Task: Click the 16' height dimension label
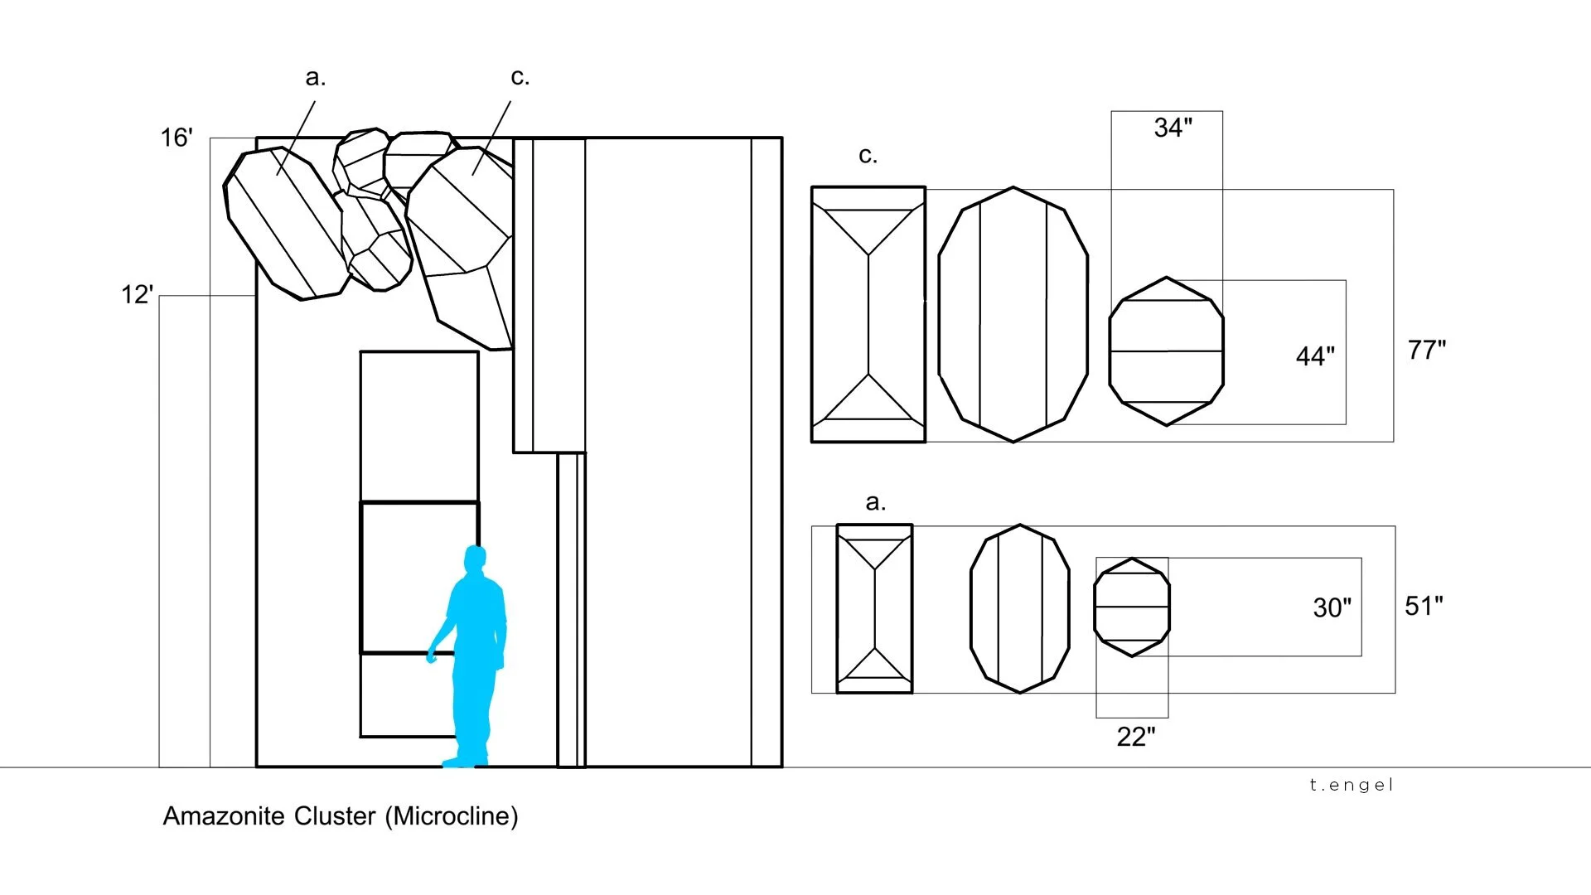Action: pos(177,138)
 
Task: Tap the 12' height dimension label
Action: pos(138,294)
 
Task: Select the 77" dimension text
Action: pos(1427,350)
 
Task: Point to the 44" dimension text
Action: pos(1315,356)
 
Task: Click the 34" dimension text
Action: pos(1173,128)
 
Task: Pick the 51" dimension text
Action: pos(1424,606)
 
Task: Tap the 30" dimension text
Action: pos(1332,607)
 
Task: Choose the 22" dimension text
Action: pos(1136,736)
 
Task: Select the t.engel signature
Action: pos(1352,785)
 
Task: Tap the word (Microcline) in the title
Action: pos(452,816)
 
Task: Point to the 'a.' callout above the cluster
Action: pos(316,77)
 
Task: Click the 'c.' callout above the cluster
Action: pos(520,77)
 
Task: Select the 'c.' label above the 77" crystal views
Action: pos(868,155)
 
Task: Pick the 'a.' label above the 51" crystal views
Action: pos(876,501)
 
